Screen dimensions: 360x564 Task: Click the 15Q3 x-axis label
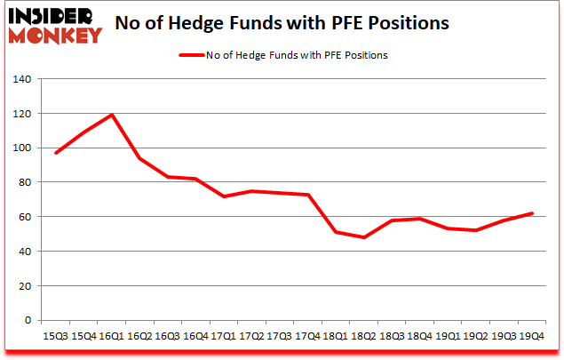click(x=55, y=336)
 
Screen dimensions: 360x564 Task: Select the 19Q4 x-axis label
click(x=533, y=336)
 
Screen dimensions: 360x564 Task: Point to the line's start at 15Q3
click(x=55, y=153)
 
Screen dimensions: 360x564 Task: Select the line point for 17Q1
click(x=225, y=196)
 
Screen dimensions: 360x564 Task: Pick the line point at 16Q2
click(x=139, y=158)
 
